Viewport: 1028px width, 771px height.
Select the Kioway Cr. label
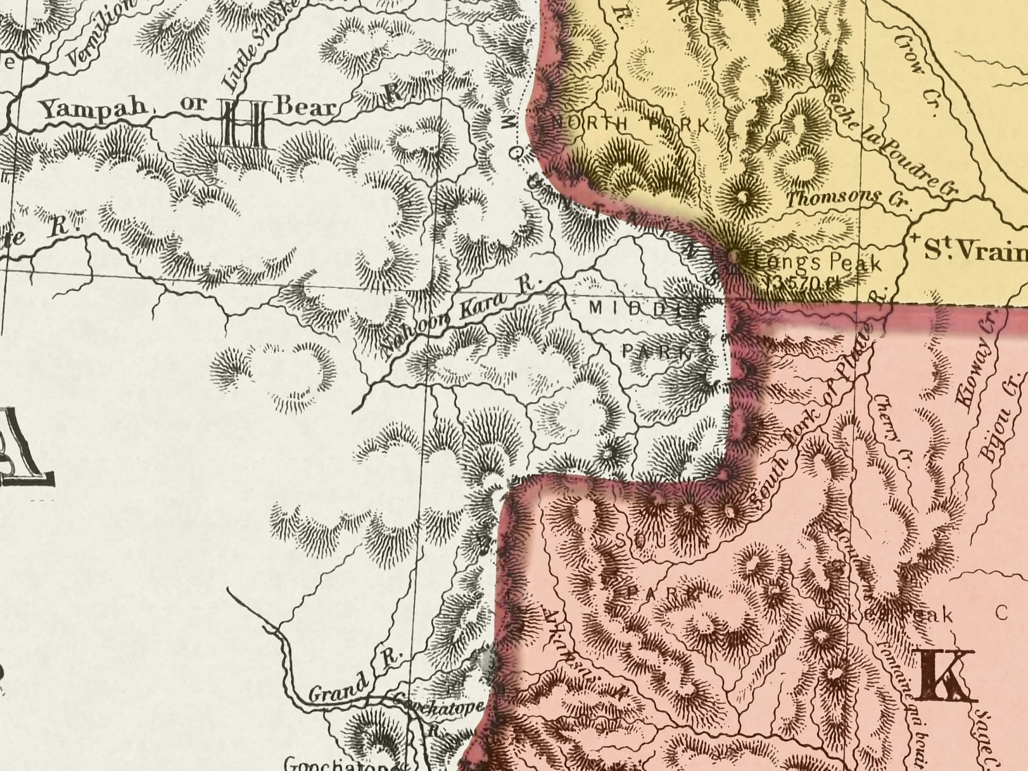pyautogui.click(x=977, y=360)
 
